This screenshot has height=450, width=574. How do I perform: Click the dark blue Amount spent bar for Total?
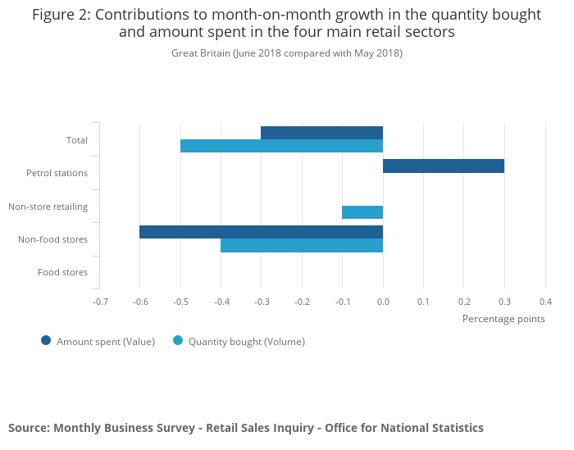(321, 133)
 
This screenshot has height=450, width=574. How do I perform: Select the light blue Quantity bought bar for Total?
(281, 146)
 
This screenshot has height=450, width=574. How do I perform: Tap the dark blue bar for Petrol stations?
(443, 166)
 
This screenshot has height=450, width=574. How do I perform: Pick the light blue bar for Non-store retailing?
(362, 212)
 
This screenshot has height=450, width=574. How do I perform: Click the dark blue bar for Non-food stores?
(261, 232)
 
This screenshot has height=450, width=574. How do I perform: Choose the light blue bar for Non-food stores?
(302, 245)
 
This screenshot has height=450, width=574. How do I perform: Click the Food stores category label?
(63, 272)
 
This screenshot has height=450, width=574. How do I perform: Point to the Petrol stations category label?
(57, 173)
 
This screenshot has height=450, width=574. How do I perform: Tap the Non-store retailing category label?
(48, 207)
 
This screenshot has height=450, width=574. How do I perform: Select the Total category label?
(77, 140)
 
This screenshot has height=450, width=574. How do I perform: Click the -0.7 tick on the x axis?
(100, 302)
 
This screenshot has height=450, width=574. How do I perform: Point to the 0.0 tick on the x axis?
(383, 302)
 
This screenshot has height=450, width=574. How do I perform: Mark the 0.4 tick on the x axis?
(545, 302)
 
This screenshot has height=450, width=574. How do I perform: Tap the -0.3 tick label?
(262, 302)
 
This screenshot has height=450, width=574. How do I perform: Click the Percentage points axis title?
(503, 319)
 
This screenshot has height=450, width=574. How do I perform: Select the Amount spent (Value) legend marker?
(46, 341)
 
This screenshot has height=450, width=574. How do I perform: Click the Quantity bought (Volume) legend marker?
(178, 341)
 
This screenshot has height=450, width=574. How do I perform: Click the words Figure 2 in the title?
(61, 15)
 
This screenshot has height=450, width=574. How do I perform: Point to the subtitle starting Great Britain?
(287, 53)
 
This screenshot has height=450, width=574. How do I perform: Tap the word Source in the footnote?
(28, 428)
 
